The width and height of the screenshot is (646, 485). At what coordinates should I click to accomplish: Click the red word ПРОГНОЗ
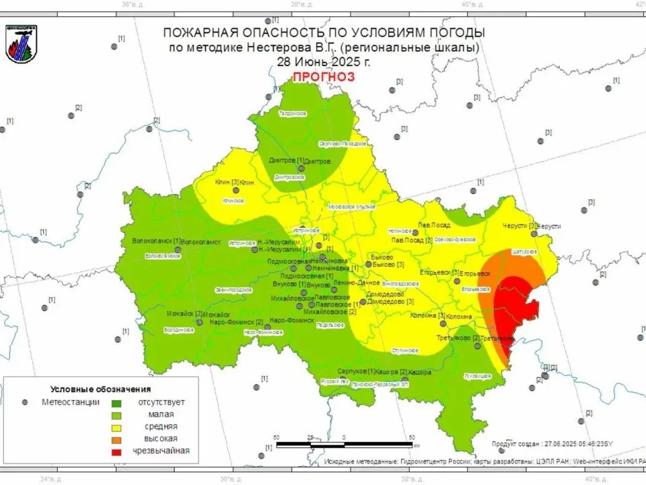click(323, 77)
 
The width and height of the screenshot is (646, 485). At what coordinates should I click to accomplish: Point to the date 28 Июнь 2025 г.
click(323, 61)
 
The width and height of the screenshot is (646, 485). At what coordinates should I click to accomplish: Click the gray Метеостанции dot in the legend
click(26, 402)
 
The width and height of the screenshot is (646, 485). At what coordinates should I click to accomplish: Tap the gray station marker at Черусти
click(534, 234)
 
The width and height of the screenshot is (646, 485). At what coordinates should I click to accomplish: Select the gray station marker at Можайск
click(199, 323)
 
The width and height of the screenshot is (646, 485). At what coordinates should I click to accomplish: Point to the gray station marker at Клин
click(236, 191)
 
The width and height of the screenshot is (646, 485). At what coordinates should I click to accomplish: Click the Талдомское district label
click(293, 113)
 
